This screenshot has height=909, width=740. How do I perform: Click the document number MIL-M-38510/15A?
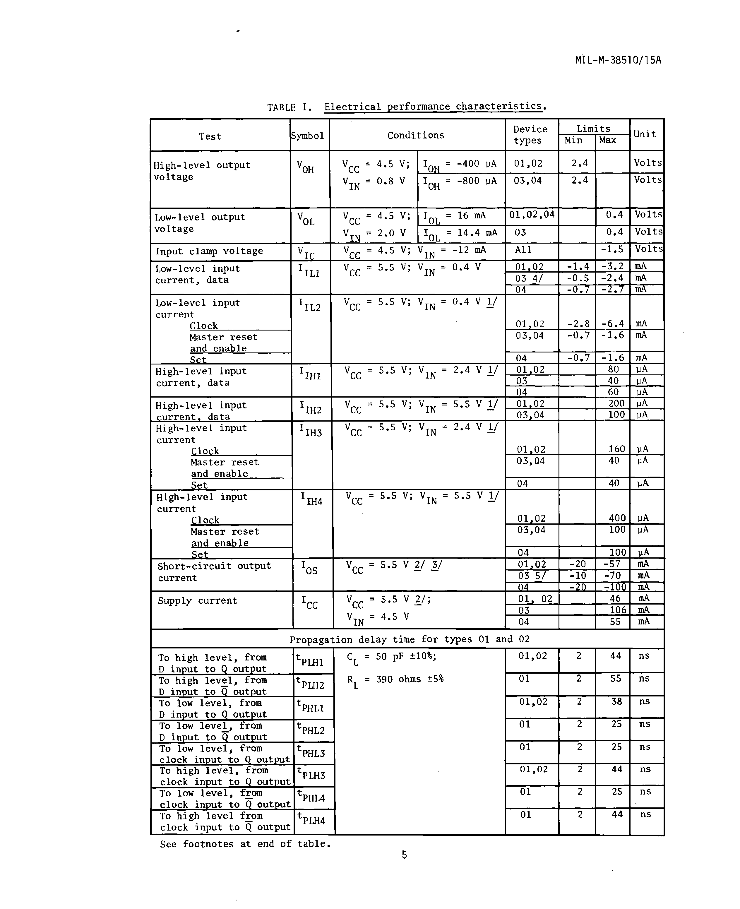[x=618, y=60]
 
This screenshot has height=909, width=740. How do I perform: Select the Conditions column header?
[x=416, y=135]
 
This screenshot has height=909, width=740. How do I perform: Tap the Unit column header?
[x=645, y=134]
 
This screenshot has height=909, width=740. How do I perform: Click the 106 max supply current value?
[x=618, y=610]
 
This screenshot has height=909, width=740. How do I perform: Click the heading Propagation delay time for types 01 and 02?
[x=409, y=639]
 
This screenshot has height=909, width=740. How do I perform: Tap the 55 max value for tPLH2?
[x=616, y=678]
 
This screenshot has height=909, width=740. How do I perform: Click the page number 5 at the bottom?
[x=404, y=855]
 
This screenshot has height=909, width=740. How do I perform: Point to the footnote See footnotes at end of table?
[x=245, y=844]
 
